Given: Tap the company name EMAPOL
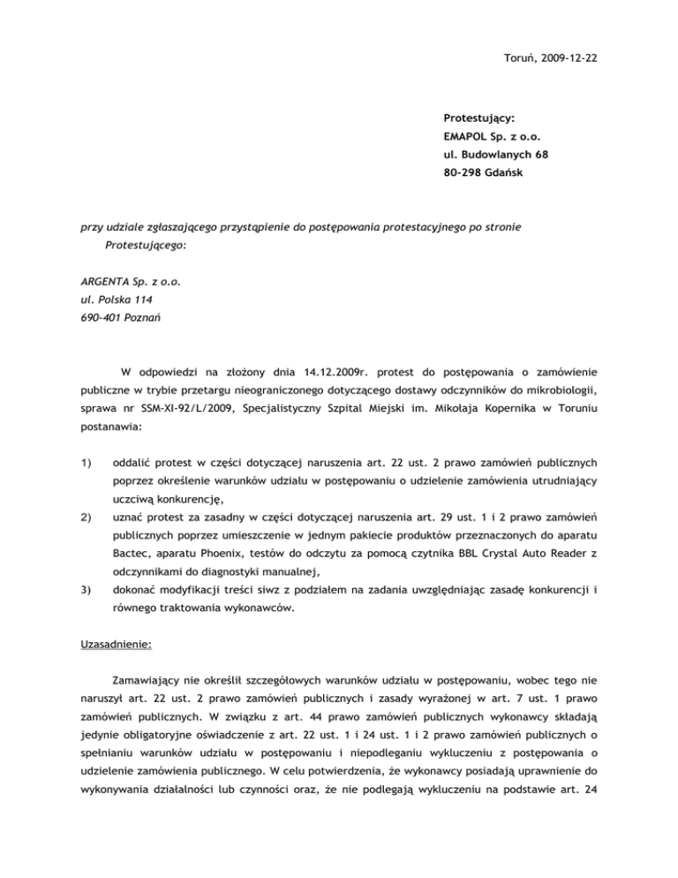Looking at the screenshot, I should click(x=470, y=137).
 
